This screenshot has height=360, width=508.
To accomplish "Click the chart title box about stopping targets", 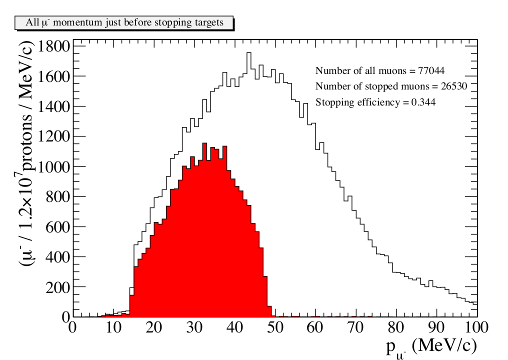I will (x=124, y=23).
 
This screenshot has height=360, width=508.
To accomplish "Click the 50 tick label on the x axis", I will (x=274, y=327).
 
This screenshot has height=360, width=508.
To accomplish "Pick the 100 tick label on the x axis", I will (x=476, y=327).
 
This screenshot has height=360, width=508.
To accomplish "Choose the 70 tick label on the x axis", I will (x=355, y=327).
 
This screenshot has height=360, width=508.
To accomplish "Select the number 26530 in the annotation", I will (x=451, y=86).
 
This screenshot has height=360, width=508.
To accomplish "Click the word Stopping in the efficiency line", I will (x=332, y=103).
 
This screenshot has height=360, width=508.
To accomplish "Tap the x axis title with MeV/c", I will (x=430, y=345).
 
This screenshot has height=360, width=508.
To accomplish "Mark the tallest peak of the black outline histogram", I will (x=248, y=53).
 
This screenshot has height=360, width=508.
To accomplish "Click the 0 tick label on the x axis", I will (x=73, y=327).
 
